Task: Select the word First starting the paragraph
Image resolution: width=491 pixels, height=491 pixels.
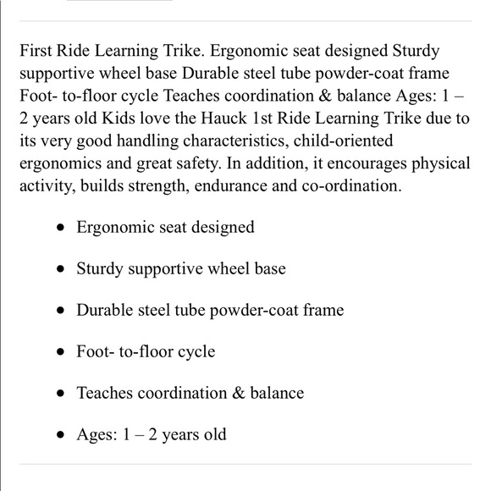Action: (36, 52)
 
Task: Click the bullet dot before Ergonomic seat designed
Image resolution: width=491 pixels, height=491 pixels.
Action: (59, 228)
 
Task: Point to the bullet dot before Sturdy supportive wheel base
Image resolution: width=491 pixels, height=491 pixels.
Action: (59, 269)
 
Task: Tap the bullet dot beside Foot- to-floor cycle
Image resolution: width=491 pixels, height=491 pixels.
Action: (59, 352)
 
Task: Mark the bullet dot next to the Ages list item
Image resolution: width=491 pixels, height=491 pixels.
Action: (59, 435)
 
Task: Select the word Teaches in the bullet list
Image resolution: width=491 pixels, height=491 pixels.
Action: (105, 393)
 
